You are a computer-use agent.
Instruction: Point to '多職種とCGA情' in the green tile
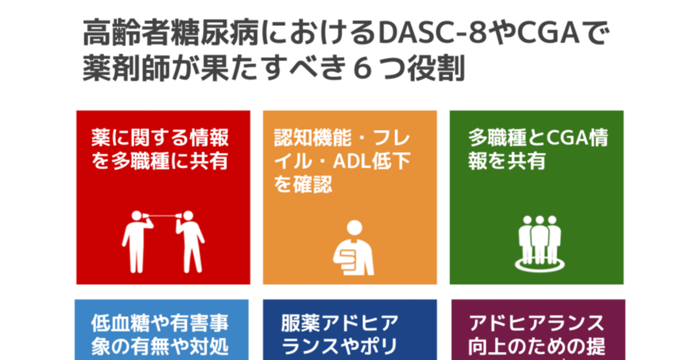(x=538, y=138)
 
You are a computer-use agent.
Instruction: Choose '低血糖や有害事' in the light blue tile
(x=160, y=323)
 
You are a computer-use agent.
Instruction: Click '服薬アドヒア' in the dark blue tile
(x=340, y=323)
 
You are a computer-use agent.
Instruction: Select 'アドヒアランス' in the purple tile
(x=537, y=323)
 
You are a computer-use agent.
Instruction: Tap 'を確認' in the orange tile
(x=303, y=185)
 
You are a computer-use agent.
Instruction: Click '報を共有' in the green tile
(x=507, y=162)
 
